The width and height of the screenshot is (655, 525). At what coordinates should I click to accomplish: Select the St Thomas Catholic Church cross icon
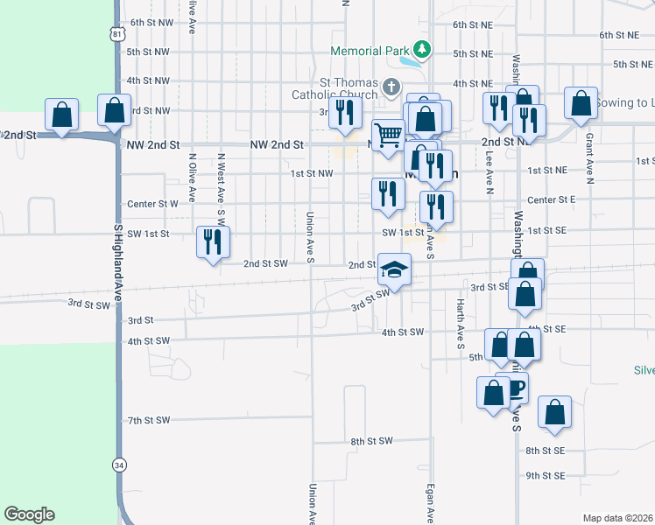391,87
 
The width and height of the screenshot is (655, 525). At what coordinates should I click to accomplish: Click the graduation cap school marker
395,268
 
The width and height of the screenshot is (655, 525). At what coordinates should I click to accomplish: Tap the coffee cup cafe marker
516,388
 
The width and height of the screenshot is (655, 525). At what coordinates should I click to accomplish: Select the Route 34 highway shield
119,465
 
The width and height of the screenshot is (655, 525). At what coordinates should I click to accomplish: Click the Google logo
30,514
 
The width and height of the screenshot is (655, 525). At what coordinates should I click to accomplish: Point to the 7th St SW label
148,421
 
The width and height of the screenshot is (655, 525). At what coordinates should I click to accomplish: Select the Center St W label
152,204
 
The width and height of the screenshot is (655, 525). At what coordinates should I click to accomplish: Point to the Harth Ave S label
460,324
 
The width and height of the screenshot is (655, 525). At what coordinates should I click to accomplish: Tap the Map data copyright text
618,518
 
